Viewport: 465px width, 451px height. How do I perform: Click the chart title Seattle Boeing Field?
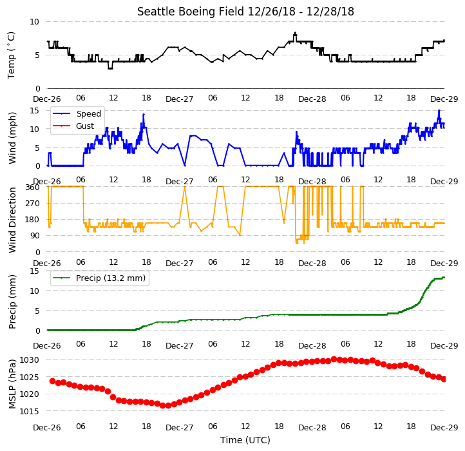coord(191,12)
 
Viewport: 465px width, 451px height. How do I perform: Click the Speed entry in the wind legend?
coord(89,113)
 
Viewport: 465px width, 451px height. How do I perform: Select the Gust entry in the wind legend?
coord(85,126)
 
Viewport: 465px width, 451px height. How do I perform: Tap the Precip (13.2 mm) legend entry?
coord(111,278)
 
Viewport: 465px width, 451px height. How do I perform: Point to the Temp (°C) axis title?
coord(11,55)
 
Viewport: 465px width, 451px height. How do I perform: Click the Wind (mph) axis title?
coord(12,138)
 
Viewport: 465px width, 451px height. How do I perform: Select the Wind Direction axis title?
coord(12,220)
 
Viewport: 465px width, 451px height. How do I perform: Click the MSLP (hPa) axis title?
coord(12,384)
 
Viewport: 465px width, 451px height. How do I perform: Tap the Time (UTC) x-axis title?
coord(245,440)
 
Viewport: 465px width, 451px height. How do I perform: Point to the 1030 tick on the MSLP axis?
coord(30,360)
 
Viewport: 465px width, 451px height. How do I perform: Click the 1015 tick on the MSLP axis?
coord(30,411)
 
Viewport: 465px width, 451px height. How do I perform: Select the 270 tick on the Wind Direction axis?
coord(33,204)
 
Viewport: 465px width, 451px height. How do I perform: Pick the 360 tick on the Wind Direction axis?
coord(33,187)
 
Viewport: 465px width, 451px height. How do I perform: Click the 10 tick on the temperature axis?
coord(34,22)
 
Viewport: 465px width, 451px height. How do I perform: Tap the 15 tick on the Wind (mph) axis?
coord(34,111)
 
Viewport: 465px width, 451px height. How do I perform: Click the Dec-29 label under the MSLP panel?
coord(444,428)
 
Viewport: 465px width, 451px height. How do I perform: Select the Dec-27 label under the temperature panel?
coord(180,99)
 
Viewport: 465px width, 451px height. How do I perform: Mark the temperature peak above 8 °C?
coord(295,33)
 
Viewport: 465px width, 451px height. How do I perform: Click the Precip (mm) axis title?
coord(12,302)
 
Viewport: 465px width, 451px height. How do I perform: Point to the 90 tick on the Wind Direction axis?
coord(35,236)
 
